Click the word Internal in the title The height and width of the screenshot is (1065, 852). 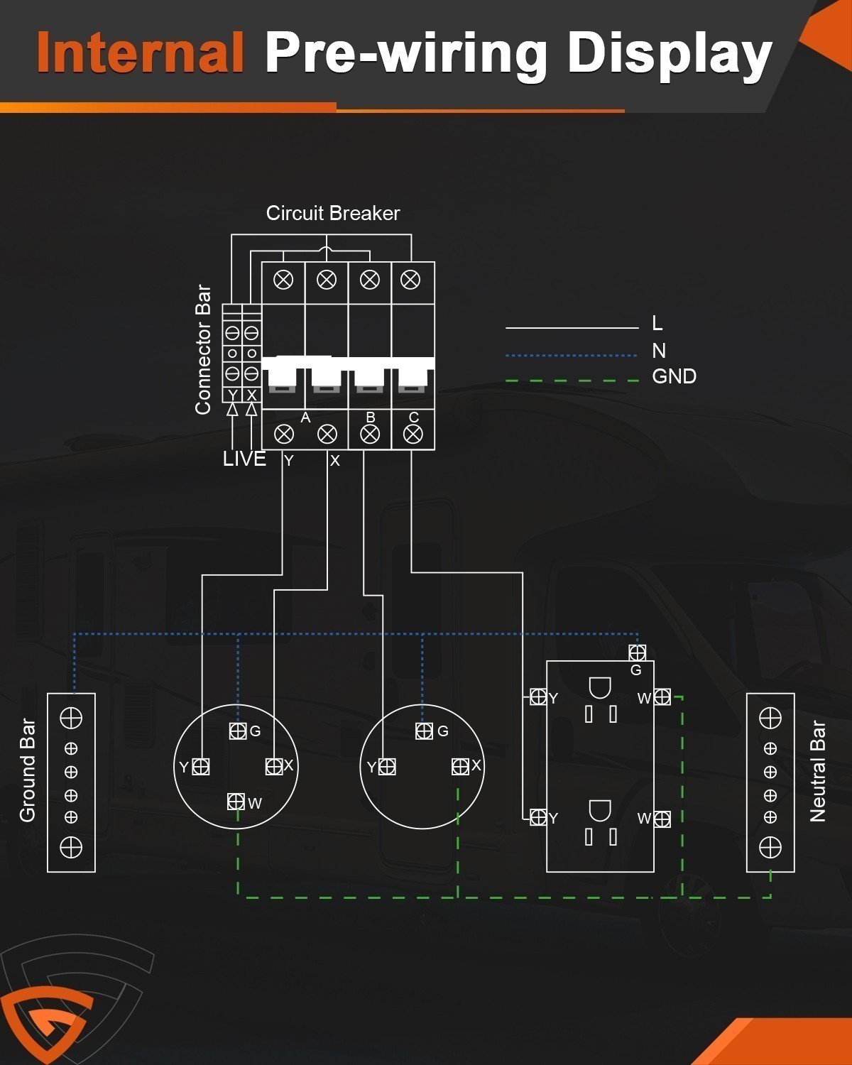tap(140, 51)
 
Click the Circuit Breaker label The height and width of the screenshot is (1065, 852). tap(333, 213)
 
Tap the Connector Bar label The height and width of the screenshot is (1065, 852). tap(203, 349)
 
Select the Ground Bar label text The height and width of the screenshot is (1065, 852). tap(28, 770)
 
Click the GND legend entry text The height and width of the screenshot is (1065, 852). tap(674, 376)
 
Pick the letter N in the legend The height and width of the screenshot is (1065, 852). tap(659, 351)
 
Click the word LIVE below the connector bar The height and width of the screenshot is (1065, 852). tap(244, 459)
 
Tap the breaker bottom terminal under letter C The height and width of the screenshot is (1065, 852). tap(413, 435)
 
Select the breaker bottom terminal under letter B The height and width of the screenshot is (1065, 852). tap(370, 435)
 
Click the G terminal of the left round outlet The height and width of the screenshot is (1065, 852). tap(238, 731)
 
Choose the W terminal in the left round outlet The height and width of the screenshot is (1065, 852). tap(236, 801)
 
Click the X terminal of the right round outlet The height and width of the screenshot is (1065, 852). tap(460, 767)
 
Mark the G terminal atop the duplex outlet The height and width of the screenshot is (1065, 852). tap(637, 652)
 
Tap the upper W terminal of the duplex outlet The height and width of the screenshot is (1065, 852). tap(662, 697)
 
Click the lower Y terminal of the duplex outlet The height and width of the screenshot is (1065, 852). tap(538, 817)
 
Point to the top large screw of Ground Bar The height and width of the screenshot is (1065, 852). tap(71, 718)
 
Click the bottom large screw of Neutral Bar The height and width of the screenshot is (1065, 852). tap(770, 847)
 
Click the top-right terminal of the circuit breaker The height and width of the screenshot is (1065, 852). tap(410, 280)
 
